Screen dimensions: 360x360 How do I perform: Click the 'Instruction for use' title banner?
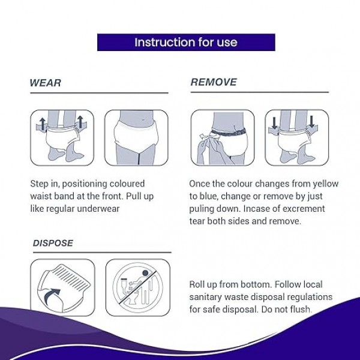pyautogui.click(x=186, y=42)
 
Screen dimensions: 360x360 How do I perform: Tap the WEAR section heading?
pyautogui.click(x=45, y=83)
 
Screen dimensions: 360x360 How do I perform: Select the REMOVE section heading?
pyautogui.click(x=214, y=82)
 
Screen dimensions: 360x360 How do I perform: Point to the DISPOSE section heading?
pyautogui.click(x=53, y=243)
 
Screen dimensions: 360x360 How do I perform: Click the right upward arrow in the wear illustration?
pyautogui.click(x=80, y=122)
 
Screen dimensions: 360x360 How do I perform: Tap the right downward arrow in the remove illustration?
pyautogui.click(x=311, y=122)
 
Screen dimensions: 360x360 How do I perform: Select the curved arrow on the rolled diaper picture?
pyautogui.click(x=52, y=296)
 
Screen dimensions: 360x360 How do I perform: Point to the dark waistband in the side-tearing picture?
pyautogui.click(x=229, y=132)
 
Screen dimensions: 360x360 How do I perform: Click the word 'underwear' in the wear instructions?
pyautogui.click(x=98, y=209)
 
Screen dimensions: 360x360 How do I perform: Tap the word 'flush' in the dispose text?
pyautogui.click(x=300, y=309)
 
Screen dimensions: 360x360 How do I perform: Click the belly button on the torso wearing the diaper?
pyautogui.click(x=143, y=119)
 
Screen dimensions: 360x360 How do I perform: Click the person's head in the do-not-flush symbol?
pyautogui.click(x=145, y=273)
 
